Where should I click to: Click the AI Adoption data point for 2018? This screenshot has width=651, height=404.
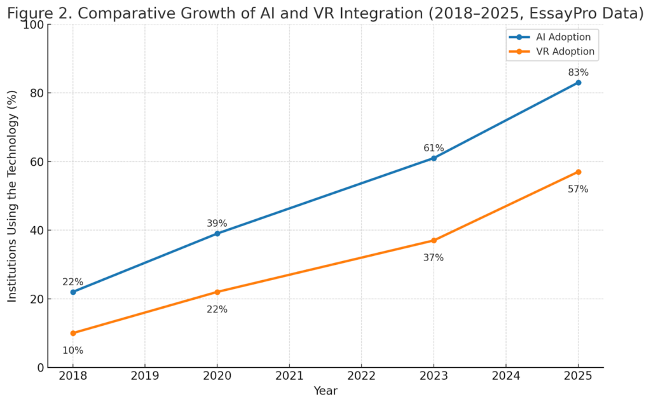coord(73,292)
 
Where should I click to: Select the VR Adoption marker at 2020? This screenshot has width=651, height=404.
coord(217,292)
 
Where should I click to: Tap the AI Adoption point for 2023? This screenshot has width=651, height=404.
coord(434,158)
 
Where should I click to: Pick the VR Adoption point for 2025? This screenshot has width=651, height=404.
coord(578,172)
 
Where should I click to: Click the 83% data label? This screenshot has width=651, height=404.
coord(578,73)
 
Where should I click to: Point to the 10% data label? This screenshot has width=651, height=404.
coord(73,351)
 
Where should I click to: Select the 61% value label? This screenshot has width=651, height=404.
coord(434,149)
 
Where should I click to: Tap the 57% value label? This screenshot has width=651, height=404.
coord(578,189)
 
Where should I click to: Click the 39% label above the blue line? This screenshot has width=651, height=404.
coord(217,224)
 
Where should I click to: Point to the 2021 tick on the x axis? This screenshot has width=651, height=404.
coord(289,375)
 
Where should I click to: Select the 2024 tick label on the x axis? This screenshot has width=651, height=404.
coord(506,375)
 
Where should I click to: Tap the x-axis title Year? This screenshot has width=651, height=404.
coord(325,391)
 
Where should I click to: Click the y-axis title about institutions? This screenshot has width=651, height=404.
coord(13,196)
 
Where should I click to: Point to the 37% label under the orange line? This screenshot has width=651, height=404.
coord(434,258)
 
